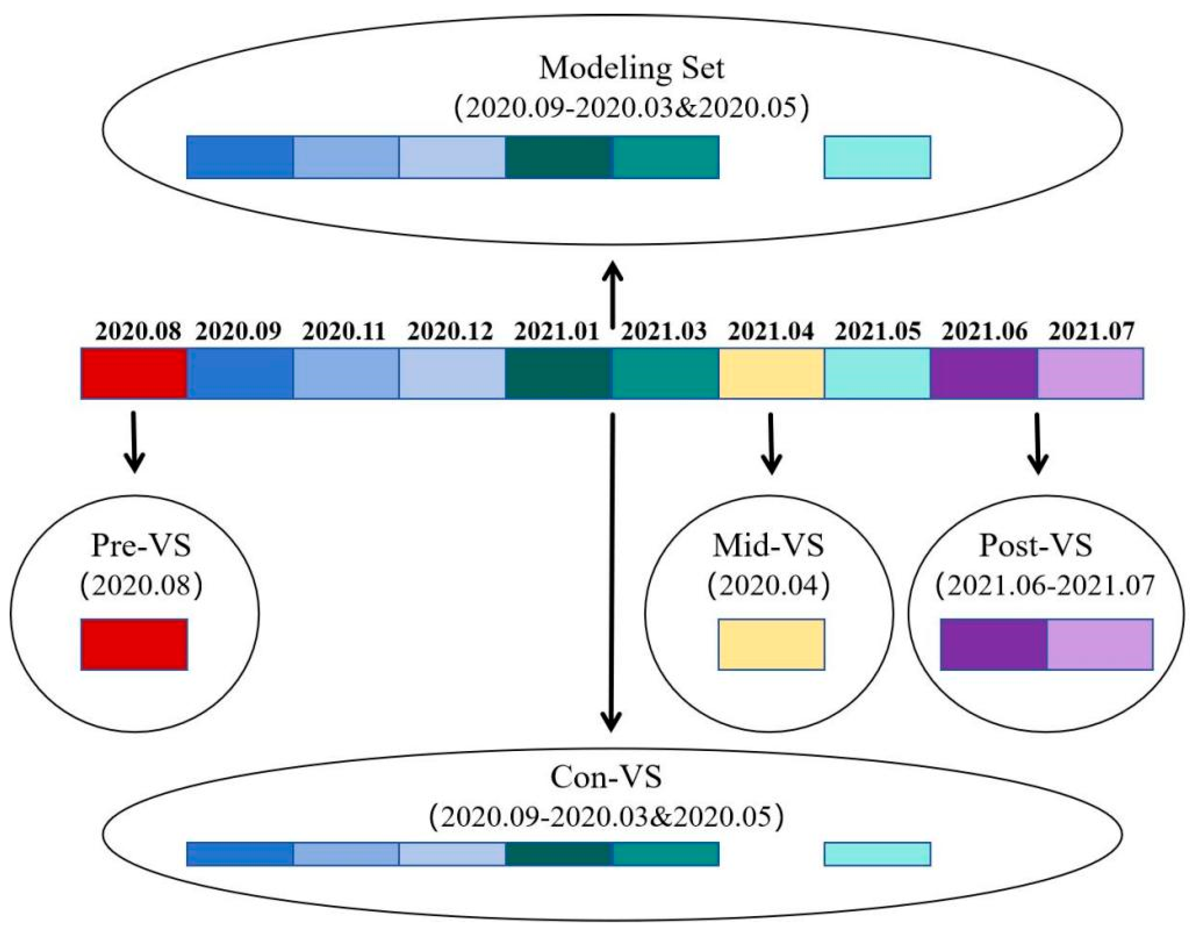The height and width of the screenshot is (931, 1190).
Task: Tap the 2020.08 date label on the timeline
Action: point(138,331)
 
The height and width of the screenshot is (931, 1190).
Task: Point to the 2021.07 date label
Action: point(1091,331)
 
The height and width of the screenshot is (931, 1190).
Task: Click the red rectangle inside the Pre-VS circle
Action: point(134,644)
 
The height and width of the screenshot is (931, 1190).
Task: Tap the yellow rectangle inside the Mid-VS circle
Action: point(771,644)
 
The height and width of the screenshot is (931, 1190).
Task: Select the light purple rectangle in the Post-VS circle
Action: point(1099,644)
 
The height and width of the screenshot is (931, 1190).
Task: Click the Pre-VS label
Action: point(141,545)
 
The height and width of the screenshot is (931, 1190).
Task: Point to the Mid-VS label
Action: point(768,545)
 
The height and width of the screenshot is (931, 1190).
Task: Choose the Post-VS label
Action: point(1036,545)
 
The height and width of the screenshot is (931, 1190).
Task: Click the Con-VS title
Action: point(606,777)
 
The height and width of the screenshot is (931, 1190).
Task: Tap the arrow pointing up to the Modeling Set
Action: point(613,294)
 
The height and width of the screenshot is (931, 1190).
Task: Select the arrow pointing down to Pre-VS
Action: point(135,442)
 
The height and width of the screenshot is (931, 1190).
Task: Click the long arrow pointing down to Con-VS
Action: point(612,572)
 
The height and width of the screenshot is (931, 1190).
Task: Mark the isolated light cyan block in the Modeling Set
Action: point(877,157)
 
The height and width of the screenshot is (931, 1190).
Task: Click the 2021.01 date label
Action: point(556,331)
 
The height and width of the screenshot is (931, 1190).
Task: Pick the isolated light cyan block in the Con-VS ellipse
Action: point(877,854)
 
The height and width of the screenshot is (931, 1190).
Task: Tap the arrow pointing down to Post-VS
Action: point(1038,442)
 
